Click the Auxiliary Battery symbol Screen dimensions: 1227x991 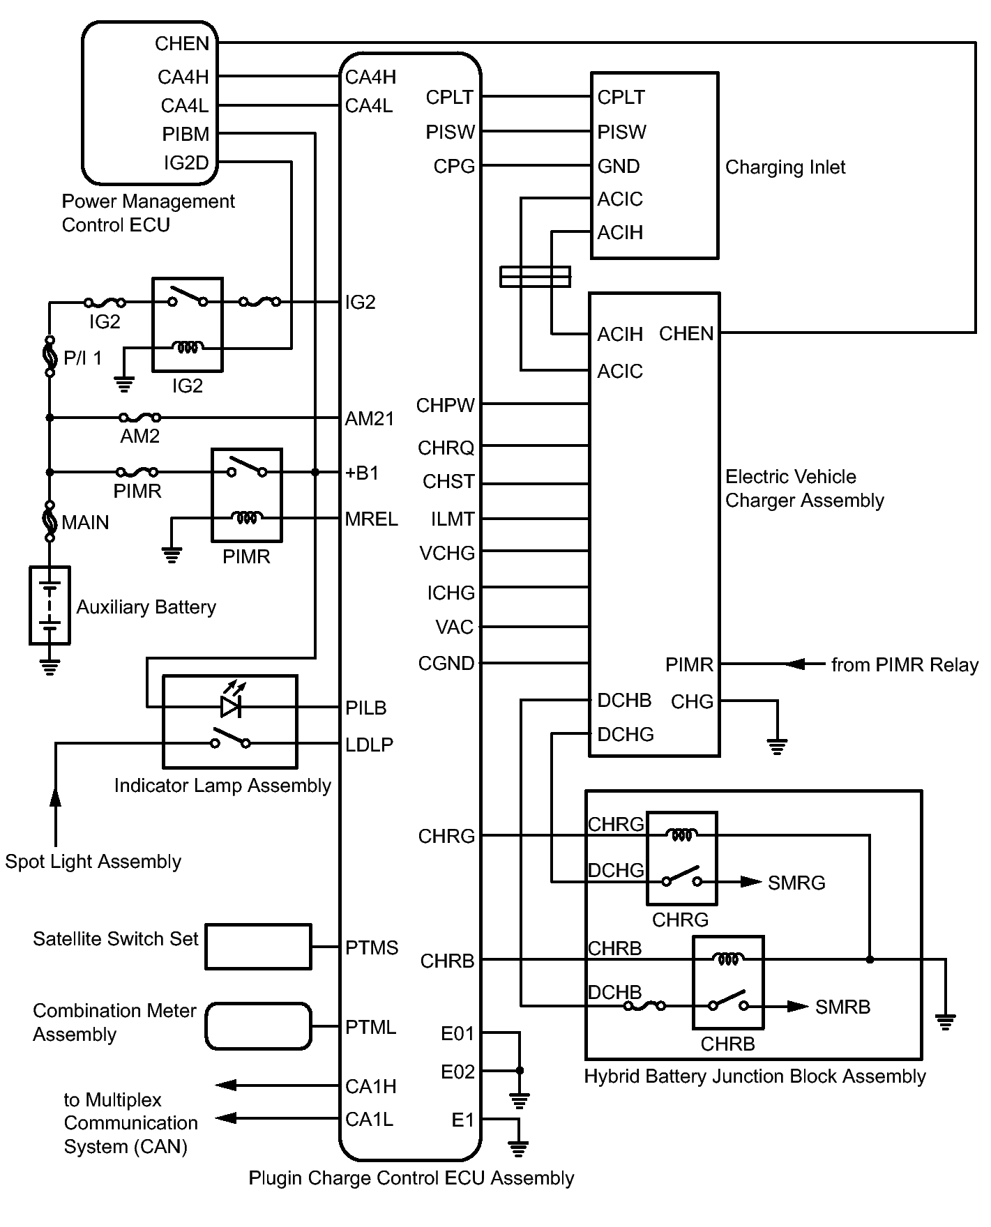(50, 604)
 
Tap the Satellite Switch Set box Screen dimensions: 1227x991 (258, 947)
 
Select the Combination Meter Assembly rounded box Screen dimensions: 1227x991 (258, 1026)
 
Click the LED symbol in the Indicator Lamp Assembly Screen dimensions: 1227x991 (231, 706)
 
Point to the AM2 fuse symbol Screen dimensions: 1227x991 (140, 418)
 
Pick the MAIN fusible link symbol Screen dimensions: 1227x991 (50, 521)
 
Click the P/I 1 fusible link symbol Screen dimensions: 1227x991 (50, 357)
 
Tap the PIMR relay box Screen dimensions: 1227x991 (247, 495)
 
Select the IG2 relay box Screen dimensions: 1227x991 (188, 325)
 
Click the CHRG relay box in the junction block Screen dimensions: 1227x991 (681, 858)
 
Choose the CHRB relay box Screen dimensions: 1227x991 (728, 982)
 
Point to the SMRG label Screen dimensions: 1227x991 (796, 883)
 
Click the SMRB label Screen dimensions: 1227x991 (842, 1007)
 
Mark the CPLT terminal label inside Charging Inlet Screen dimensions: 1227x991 (621, 98)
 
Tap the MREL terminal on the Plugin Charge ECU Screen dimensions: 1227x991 (371, 519)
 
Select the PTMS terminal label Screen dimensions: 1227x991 (372, 948)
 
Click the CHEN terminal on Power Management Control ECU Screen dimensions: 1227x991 (182, 44)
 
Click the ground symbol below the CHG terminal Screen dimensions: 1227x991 (777, 746)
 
